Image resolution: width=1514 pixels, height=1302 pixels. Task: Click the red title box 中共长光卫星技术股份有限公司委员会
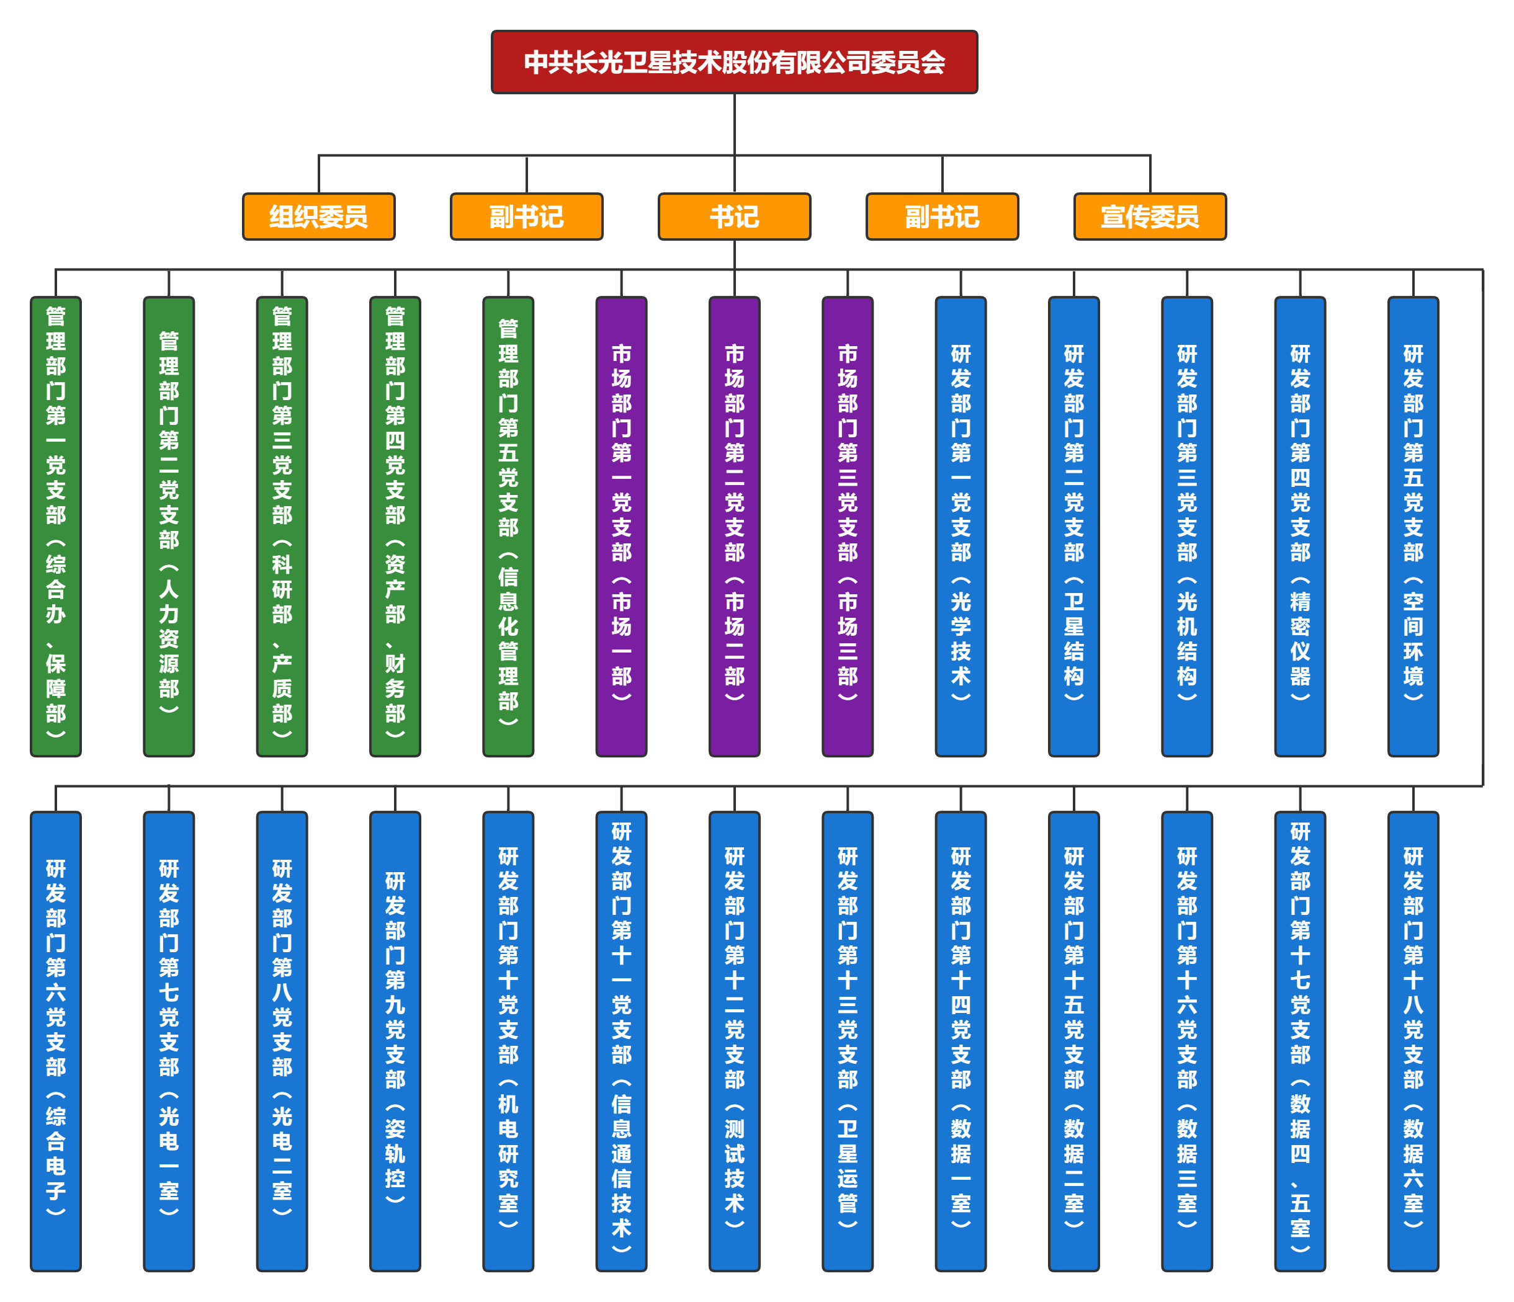733,62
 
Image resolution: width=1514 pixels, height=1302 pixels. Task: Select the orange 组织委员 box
318,216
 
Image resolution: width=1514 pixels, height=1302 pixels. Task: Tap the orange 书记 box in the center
733,216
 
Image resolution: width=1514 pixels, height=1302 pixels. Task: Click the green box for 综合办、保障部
55,526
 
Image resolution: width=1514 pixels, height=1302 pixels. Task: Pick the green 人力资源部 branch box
169,526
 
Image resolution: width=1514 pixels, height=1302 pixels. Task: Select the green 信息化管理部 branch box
508,526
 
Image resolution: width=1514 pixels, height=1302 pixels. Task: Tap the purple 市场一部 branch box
621,526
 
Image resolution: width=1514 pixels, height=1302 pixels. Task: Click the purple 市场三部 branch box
847,526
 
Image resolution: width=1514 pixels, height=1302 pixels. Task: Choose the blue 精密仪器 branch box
1299,526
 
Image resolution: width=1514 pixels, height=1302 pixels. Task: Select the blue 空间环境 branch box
1412,526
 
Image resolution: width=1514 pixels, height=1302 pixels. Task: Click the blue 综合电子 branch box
55,1041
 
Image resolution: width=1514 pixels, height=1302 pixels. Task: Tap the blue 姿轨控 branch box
395,1041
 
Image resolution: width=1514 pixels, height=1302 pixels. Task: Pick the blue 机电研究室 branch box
508,1041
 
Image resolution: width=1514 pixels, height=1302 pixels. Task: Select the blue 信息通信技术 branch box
621,1041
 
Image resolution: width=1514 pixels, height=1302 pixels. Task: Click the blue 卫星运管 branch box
847,1041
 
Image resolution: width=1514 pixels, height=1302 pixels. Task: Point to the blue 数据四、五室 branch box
1299,1041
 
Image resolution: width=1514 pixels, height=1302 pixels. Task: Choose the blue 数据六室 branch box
1412,1041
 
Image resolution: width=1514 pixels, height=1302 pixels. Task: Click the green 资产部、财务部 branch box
395,526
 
